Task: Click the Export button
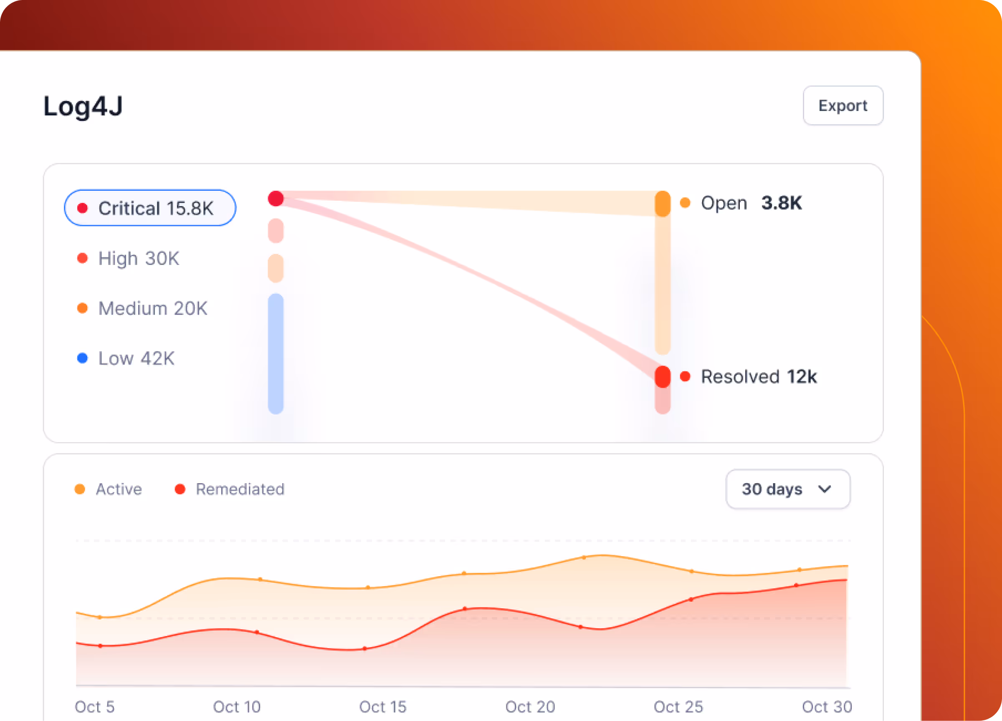click(x=843, y=106)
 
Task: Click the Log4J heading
click(x=83, y=106)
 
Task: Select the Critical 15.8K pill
click(x=150, y=208)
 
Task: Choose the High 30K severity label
click(x=138, y=258)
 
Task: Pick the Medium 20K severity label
click(x=152, y=308)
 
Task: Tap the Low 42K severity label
click(x=136, y=358)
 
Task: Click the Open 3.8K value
click(x=781, y=203)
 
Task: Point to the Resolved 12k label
click(x=759, y=377)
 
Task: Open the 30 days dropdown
click(x=787, y=489)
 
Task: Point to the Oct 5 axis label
click(x=94, y=706)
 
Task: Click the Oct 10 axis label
click(x=237, y=706)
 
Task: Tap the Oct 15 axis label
click(x=382, y=706)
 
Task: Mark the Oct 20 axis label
click(x=530, y=706)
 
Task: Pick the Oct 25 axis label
click(x=678, y=706)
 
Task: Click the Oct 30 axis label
click(x=827, y=706)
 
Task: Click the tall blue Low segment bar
click(x=276, y=353)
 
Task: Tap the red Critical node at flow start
click(x=276, y=199)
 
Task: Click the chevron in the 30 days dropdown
click(x=825, y=489)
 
